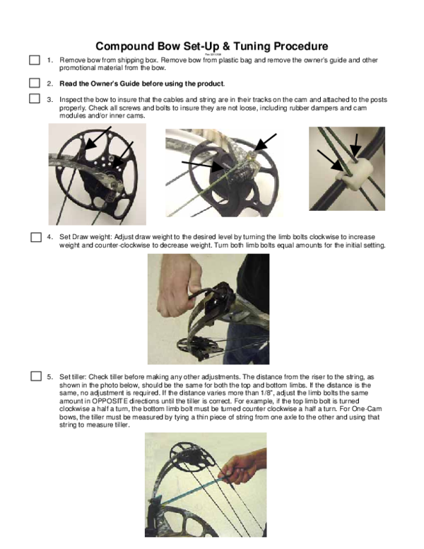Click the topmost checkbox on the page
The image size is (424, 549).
pyautogui.click(x=34, y=61)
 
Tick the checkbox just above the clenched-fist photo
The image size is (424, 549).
pyautogui.click(x=35, y=237)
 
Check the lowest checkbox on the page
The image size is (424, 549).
pyautogui.click(x=35, y=376)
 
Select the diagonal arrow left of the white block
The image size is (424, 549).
pyautogui.click(x=330, y=161)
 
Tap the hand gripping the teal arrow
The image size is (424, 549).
pyautogui.click(x=244, y=467)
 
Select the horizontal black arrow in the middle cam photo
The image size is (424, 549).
pyautogui.click(x=205, y=166)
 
